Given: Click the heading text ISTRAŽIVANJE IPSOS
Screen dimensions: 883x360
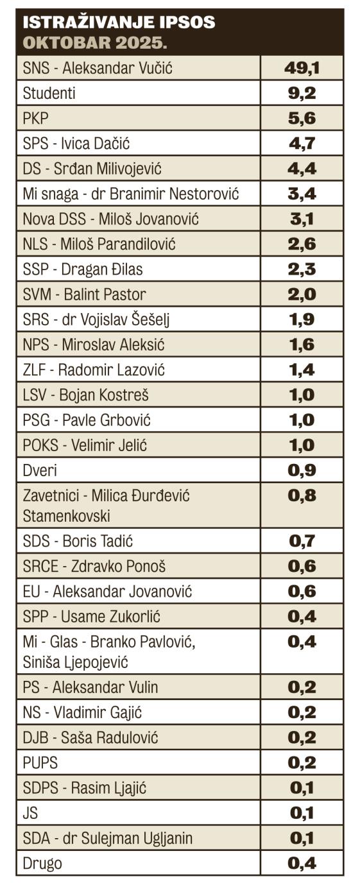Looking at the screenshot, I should (119, 24).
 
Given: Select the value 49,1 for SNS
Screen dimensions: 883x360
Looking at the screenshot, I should (302, 68).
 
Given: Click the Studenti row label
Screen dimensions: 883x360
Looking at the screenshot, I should (49, 93).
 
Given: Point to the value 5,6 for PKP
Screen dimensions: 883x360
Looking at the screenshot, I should (302, 118).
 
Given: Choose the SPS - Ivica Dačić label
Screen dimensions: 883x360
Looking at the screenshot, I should (80, 143).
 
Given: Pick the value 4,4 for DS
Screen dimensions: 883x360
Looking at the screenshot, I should (302, 168).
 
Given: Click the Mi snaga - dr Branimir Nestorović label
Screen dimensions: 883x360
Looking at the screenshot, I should (130, 193).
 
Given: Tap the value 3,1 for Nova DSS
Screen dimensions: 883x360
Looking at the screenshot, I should (302, 218).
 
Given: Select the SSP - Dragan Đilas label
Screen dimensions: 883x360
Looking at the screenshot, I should (83, 269).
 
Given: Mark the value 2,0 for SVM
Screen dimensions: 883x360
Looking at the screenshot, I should (302, 294).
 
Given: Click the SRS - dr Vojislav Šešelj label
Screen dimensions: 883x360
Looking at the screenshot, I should (96, 319).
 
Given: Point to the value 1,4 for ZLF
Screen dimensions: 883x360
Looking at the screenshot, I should (302, 369).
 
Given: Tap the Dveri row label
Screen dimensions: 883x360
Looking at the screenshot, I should (40, 470).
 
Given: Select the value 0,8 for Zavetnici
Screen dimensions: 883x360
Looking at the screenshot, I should (302, 495).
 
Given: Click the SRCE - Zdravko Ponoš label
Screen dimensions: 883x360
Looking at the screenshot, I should (94, 566).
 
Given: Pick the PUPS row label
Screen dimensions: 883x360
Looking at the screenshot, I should (40, 762).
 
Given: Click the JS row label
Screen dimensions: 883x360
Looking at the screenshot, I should (30, 812).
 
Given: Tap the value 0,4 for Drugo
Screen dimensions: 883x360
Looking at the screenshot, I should (302, 863).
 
